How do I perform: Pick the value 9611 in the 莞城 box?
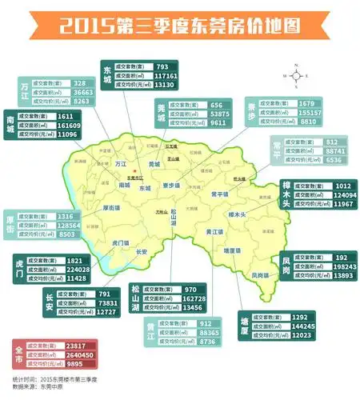click(x=218, y=124)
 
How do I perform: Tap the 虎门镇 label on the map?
click(x=120, y=241)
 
